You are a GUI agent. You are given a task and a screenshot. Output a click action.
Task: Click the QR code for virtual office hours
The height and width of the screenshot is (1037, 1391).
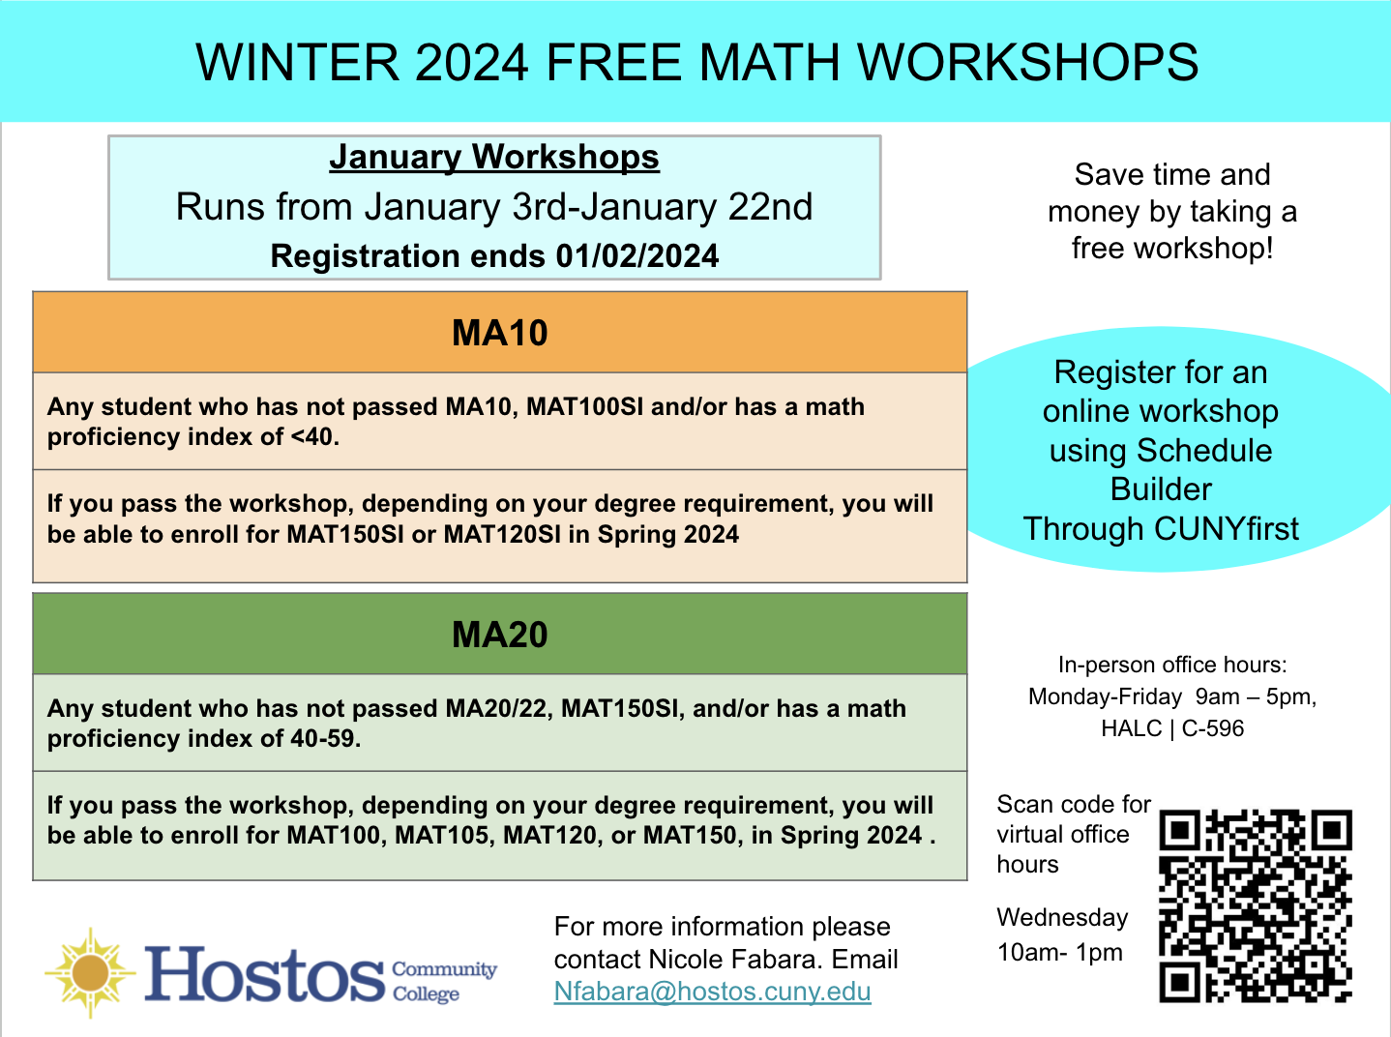1256,905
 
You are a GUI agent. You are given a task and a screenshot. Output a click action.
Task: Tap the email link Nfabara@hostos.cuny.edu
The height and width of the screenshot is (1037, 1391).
712,992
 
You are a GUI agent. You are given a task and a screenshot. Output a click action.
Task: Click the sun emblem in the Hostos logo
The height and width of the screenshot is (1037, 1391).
90,972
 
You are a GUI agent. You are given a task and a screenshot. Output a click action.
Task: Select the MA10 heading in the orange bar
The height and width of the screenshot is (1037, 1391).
499,333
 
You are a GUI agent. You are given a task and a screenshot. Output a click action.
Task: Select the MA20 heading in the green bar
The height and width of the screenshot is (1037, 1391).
499,635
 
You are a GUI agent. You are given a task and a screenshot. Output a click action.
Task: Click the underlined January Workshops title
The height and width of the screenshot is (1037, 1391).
494,157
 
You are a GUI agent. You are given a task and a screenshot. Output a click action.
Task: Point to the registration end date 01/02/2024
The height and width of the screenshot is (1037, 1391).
636,256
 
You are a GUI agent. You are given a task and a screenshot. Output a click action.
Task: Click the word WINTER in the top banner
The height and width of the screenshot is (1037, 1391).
297,62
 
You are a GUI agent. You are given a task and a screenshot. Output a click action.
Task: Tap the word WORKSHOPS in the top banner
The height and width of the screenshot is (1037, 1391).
1028,62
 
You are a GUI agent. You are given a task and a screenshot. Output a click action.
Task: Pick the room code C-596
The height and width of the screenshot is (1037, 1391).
1212,728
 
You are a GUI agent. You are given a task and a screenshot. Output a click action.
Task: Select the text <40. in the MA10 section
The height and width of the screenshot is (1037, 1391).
315,437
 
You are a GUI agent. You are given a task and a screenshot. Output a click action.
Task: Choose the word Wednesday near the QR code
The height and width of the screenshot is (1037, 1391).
1062,917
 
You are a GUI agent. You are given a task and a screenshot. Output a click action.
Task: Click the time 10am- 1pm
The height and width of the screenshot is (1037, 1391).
1059,952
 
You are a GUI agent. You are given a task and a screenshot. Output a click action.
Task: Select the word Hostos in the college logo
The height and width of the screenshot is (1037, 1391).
264,974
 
